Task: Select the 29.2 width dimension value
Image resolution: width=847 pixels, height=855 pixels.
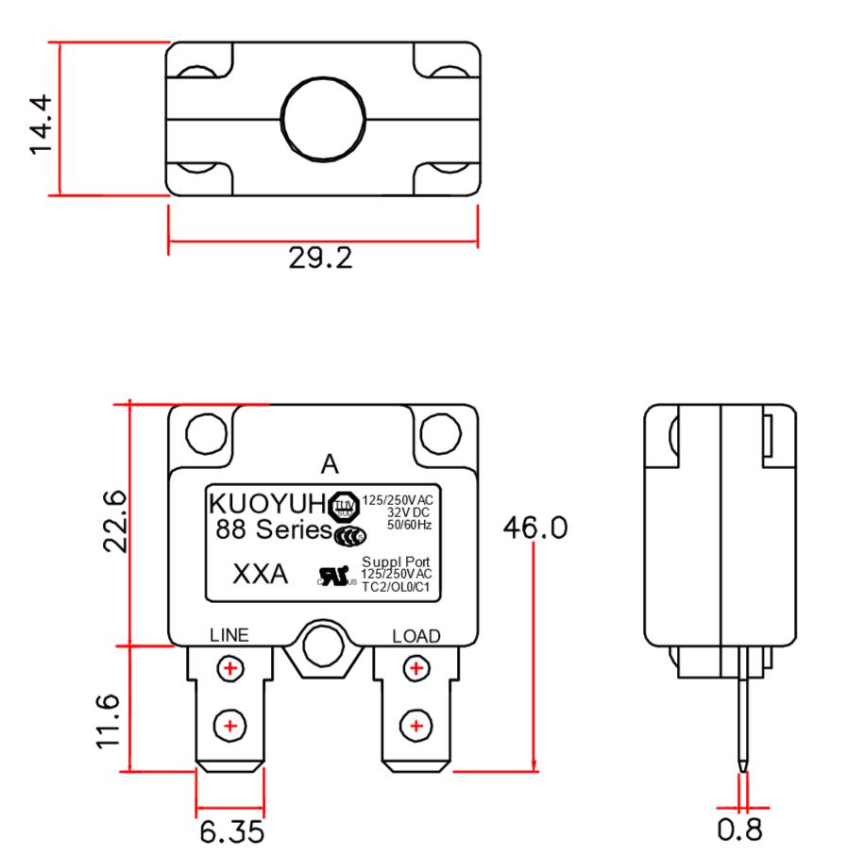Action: point(321,258)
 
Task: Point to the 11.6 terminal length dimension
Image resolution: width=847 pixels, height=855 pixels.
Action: point(110,722)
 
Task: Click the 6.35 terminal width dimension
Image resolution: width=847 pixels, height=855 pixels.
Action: point(231,834)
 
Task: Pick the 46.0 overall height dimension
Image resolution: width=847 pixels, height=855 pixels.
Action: point(534,528)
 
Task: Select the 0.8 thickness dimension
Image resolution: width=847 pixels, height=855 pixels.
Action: point(743,834)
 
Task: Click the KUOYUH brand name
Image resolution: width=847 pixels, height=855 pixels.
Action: point(266,502)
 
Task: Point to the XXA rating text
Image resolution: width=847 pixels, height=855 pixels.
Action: point(260,574)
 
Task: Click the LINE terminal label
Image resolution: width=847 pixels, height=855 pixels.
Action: point(229,635)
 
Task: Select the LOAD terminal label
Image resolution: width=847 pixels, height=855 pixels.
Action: point(415,636)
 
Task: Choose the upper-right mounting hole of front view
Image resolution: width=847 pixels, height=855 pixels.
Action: point(440,433)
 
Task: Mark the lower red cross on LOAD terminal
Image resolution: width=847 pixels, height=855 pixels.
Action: point(415,726)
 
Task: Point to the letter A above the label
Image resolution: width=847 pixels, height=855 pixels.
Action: point(329,464)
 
